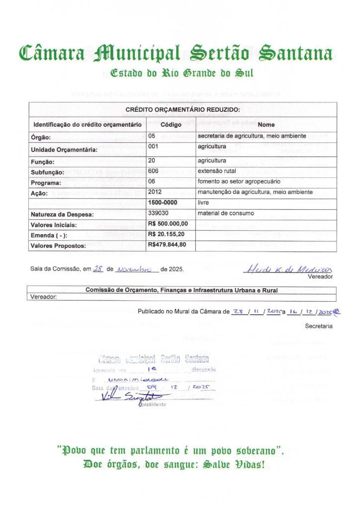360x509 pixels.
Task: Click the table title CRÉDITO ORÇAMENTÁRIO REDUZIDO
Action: coord(182,109)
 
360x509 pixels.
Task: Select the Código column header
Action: coord(171,124)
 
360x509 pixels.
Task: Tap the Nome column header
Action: coord(266,124)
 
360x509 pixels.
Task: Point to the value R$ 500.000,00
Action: coord(168,224)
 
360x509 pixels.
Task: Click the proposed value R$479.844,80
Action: coord(167,245)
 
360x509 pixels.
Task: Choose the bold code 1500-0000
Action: coord(162,203)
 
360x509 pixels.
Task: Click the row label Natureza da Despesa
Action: coord(63,214)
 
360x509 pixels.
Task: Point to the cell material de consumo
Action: coord(226,213)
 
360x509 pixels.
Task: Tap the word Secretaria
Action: coord(319,327)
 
